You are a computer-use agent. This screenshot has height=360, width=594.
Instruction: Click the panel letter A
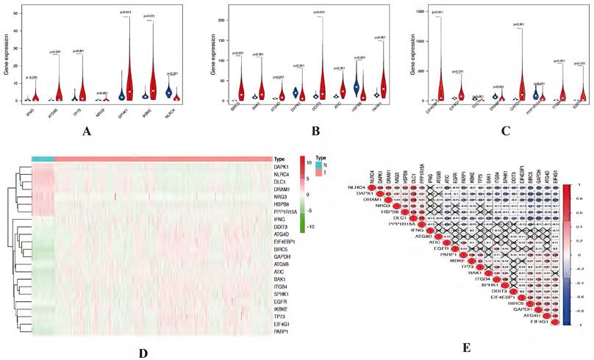(x=90, y=133)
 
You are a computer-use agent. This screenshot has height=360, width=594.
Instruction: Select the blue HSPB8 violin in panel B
(x=357, y=84)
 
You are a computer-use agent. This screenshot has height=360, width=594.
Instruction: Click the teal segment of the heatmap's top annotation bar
(x=43, y=158)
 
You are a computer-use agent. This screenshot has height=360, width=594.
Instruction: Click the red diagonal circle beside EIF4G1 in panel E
(x=557, y=322)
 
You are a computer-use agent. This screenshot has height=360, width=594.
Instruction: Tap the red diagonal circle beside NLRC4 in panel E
(x=372, y=189)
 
